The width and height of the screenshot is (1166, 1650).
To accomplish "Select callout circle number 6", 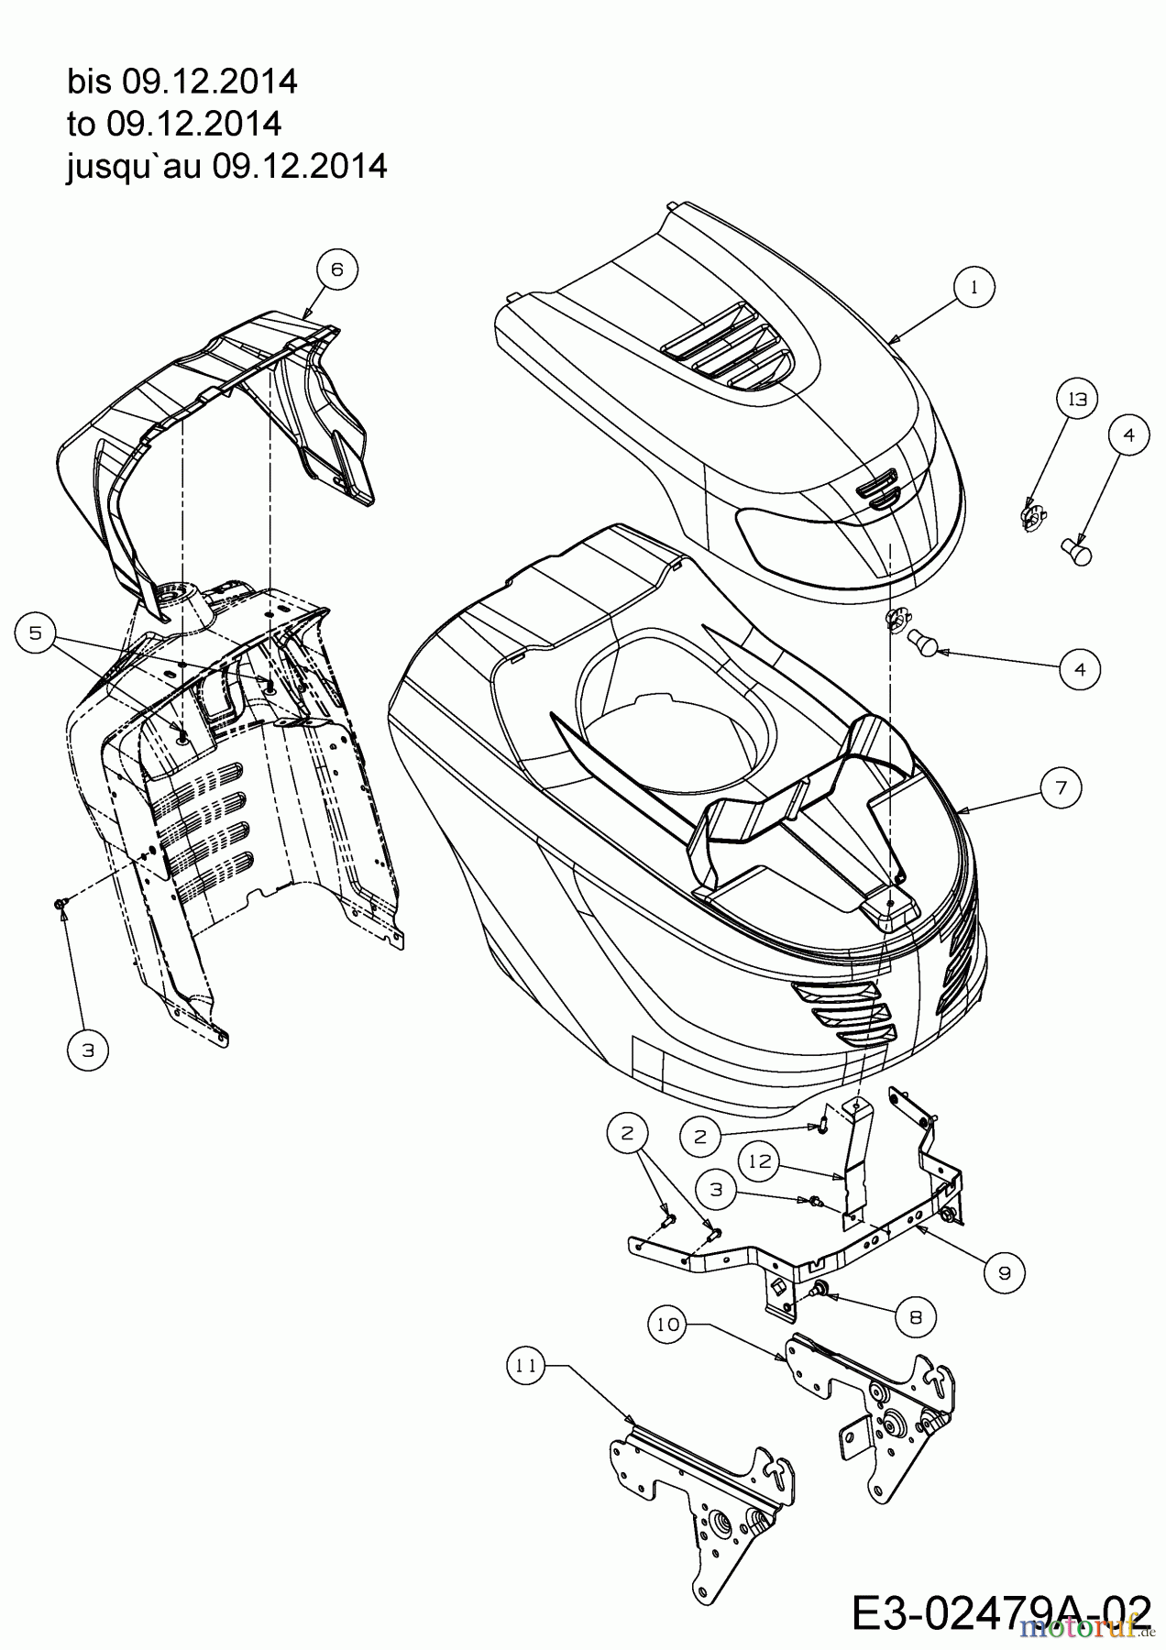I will (x=336, y=269).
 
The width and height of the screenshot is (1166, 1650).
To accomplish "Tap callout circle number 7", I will (x=1061, y=786).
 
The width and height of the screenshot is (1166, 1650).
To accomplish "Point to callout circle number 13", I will (x=1077, y=400).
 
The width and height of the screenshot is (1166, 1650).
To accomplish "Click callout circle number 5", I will (x=36, y=633).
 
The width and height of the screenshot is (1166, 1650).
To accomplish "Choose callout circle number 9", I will (x=1005, y=1272).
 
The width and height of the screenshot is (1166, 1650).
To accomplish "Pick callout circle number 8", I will (x=916, y=1317).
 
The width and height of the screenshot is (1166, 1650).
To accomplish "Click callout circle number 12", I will (x=763, y=1162).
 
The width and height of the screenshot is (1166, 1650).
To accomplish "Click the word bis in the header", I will (x=88, y=82).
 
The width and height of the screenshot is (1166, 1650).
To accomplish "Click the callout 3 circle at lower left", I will (x=88, y=1050).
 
